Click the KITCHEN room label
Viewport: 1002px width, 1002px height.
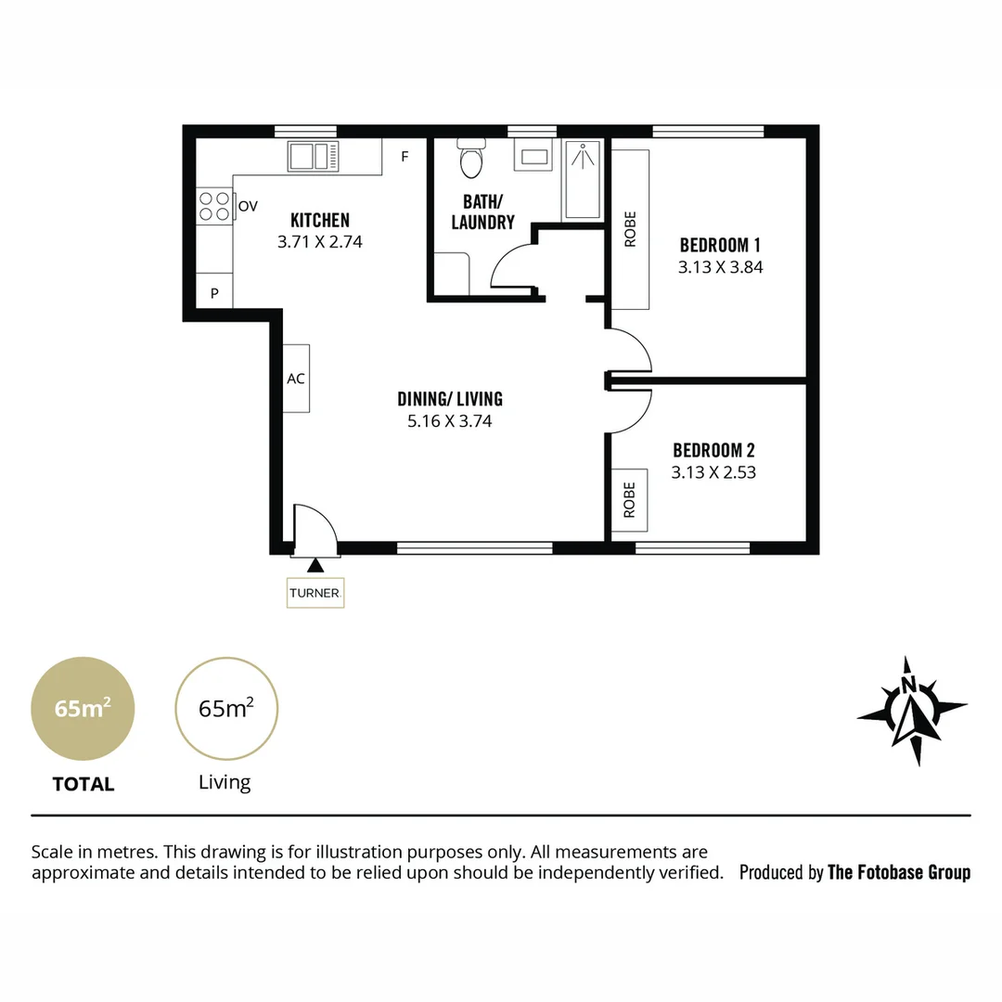320,220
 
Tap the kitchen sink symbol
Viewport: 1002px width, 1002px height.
314,156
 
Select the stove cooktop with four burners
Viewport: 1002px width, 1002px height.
214,206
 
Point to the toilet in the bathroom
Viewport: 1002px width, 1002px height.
472,161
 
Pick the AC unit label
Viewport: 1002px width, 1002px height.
296,379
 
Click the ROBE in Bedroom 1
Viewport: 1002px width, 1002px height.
631,228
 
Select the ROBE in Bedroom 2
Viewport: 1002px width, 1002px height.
630,500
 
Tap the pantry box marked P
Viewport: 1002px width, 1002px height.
214,293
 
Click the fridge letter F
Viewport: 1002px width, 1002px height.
405,157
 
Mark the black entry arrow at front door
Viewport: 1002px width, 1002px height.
316,564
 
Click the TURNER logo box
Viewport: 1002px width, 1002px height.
315,593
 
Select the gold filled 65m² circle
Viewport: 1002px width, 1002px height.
83,709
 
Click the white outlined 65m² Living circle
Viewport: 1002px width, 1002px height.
226,709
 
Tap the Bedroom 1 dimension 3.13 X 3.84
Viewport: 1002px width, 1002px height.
720,266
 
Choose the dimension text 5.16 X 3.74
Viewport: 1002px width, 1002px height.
450,420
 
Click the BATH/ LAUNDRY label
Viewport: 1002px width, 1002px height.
482,212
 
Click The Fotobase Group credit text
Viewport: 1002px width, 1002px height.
898,872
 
